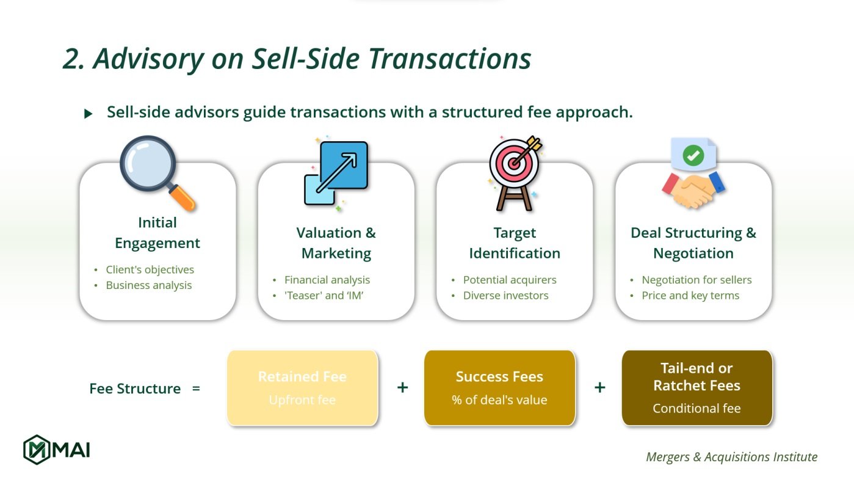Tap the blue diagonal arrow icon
pos(336,173)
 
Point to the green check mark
pos(693,155)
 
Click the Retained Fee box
pos(302,388)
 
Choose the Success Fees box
pos(499,388)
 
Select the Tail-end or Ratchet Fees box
pos(697,388)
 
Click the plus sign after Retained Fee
pos(402,387)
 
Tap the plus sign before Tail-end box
pos(599,387)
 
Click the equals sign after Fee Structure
pos(196,389)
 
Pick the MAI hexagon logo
pos(36,450)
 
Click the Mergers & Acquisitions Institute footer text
pos(731,457)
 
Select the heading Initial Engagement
pos(157,233)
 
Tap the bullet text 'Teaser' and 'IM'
pos(324,296)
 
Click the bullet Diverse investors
pos(505,296)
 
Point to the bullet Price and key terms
pos(690,296)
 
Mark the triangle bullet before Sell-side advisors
pos(89,114)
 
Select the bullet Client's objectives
pos(150,269)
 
